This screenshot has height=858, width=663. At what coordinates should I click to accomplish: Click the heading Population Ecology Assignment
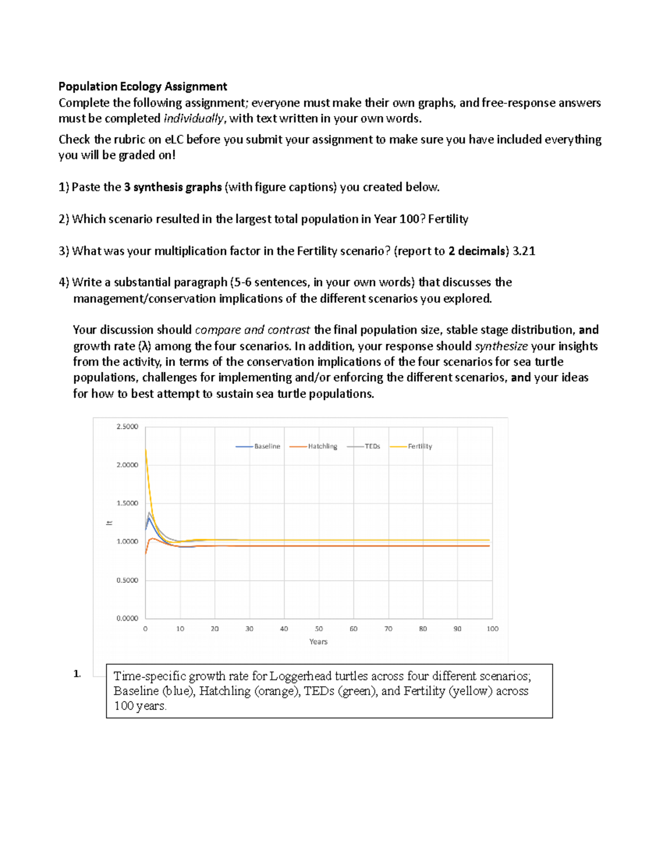(143, 86)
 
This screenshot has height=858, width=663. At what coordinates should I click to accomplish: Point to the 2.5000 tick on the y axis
(127, 427)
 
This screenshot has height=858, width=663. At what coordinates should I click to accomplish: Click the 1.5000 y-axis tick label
(127, 503)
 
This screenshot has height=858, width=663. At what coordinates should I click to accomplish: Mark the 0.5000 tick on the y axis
(127, 580)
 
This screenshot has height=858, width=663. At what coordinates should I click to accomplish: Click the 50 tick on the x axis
(319, 629)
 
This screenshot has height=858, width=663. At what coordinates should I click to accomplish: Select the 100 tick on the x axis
(492, 629)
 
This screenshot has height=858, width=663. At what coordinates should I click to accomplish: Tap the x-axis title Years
(318, 641)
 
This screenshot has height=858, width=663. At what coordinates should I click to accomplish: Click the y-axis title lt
(109, 523)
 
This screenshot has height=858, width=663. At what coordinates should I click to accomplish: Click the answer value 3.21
(524, 251)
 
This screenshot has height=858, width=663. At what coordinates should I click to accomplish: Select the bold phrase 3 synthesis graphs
(173, 187)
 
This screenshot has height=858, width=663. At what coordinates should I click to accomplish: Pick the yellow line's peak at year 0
(145, 450)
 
